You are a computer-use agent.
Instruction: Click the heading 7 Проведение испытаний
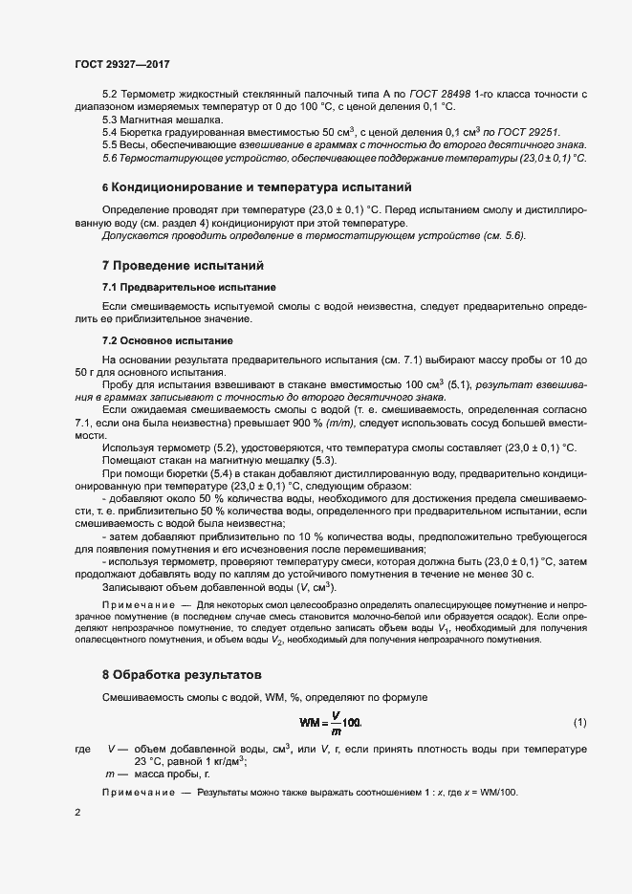[183, 264]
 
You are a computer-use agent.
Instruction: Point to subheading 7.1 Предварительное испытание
[189, 287]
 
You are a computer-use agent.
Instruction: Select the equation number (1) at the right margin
[579, 720]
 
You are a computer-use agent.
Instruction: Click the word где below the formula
[82, 749]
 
